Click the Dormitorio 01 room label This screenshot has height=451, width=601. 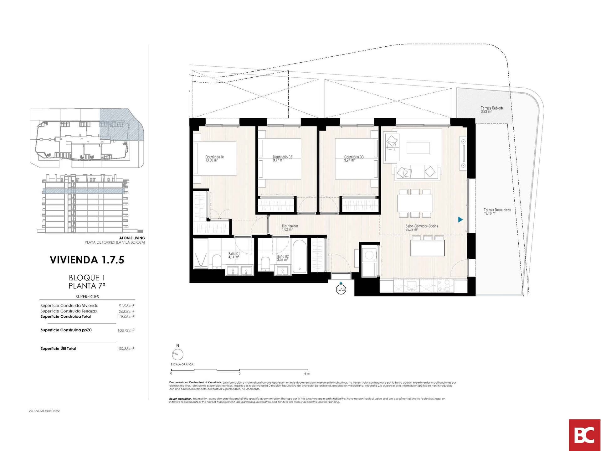click(214, 158)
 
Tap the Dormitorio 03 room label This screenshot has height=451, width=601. click(354, 158)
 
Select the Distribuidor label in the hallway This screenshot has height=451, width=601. click(290, 227)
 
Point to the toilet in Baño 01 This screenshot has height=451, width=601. click(217, 261)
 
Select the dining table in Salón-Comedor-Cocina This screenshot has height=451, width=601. click(415, 203)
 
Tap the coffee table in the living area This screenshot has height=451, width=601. click(418, 148)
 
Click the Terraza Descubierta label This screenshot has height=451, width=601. click(497, 211)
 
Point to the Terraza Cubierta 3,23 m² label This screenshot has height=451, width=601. click(492, 109)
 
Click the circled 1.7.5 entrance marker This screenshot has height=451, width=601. click(341, 289)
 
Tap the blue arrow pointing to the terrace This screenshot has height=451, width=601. click(460, 220)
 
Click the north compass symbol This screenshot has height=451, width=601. click(177, 355)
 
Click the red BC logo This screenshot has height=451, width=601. click(585, 435)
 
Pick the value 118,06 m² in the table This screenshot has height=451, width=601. click(126, 317)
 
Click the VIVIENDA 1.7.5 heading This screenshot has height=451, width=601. click(87, 260)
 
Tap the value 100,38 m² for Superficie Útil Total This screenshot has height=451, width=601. click(126, 349)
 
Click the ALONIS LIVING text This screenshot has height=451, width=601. click(132, 238)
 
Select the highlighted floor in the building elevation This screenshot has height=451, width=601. click(82, 190)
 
